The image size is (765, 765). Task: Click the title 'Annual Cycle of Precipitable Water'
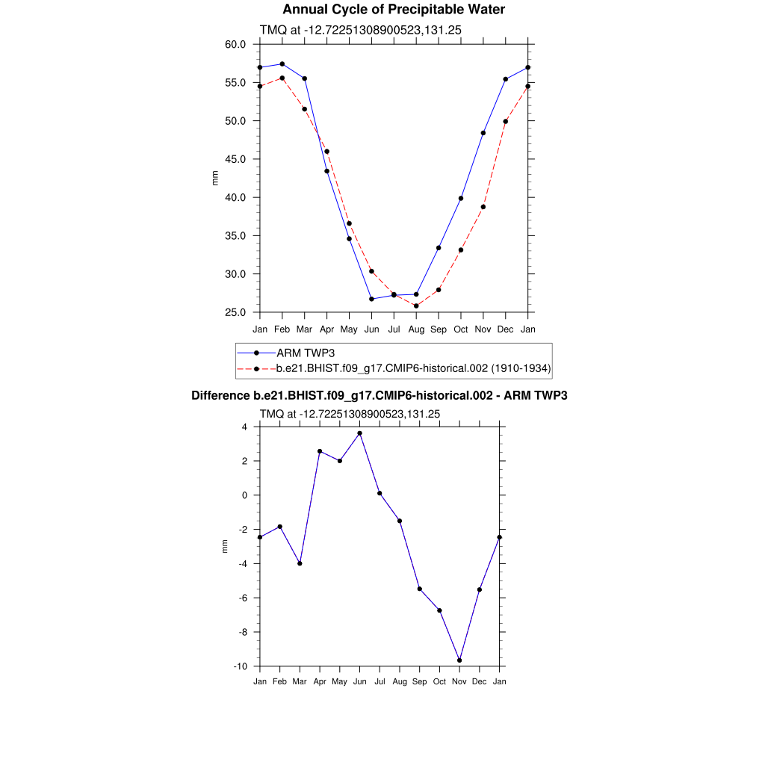pyautogui.click(x=394, y=10)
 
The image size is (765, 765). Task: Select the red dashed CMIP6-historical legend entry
pyautogui.click(x=413, y=368)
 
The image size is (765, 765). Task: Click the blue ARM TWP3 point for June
pyautogui.click(x=371, y=299)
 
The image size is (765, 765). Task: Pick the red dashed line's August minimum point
pyautogui.click(x=416, y=306)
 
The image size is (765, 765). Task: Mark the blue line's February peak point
pyautogui.click(x=282, y=64)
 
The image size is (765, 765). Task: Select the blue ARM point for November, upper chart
pyautogui.click(x=483, y=133)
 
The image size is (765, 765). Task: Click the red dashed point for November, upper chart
pyautogui.click(x=483, y=207)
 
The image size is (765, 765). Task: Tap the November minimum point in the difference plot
pyautogui.click(x=459, y=660)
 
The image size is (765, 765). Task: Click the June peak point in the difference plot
pyautogui.click(x=359, y=433)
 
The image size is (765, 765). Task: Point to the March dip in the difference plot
pyautogui.click(x=300, y=563)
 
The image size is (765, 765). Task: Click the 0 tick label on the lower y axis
pyautogui.click(x=244, y=495)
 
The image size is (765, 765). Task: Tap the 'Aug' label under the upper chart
pyautogui.click(x=416, y=329)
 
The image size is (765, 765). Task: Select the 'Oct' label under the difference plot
pyautogui.click(x=439, y=682)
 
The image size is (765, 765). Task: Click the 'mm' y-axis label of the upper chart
pyautogui.click(x=216, y=178)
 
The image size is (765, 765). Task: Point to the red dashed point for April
pyautogui.click(x=327, y=152)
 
